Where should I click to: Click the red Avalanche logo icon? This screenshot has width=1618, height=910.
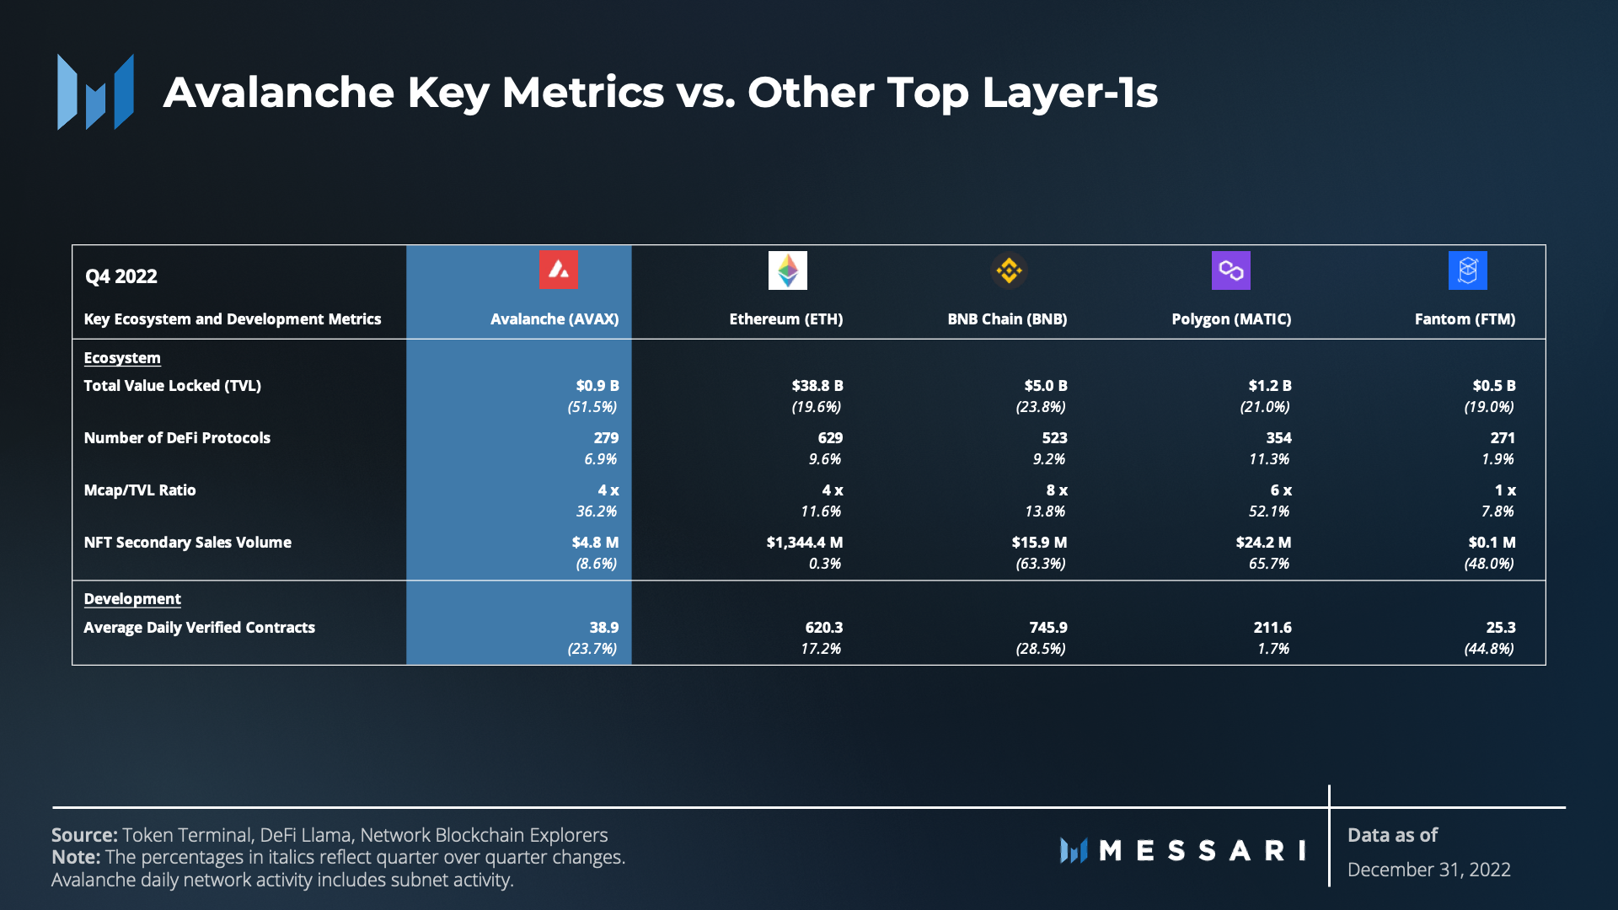tap(558, 270)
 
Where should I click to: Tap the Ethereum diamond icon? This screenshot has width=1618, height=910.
tap(787, 270)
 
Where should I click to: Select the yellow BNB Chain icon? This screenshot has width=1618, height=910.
tap(1009, 270)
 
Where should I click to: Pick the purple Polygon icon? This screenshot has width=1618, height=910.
tap(1230, 270)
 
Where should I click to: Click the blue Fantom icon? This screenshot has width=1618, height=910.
tap(1467, 270)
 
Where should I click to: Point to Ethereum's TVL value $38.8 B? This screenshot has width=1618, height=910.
tap(817, 386)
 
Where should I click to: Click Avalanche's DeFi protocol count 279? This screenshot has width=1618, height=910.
tap(606, 438)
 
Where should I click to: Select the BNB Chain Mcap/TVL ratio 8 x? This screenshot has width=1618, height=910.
tap(1057, 490)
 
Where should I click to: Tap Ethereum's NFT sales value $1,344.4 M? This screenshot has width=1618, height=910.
tap(804, 543)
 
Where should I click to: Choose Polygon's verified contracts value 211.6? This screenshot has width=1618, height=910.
tap(1272, 628)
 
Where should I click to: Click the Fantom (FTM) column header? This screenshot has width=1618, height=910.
tap(1465, 319)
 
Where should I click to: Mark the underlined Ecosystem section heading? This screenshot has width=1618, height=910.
tap(122, 358)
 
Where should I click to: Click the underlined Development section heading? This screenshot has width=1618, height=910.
tap(132, 599)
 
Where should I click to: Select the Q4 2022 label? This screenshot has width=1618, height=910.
tap(121, 276)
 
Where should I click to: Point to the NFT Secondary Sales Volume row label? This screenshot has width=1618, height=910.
tap(187, 543)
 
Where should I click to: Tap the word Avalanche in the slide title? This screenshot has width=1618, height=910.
tap(278, 92)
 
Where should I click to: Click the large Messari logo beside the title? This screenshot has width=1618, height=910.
tap(95, 92)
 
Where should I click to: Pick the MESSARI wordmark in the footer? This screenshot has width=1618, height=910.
tap(1183, 850)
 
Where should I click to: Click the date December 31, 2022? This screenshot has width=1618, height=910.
tap(1428, 870)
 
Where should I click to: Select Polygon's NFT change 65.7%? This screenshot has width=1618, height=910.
tap(1268, 564)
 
